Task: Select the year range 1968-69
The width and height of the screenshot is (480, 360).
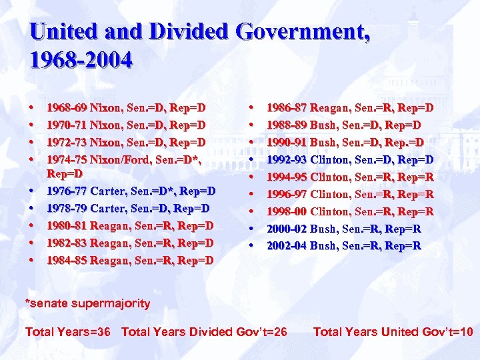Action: [x=67, y=107]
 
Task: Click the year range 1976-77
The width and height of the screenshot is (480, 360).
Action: [x=67, y=191]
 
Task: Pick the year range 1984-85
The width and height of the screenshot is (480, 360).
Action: [x=67, y=260]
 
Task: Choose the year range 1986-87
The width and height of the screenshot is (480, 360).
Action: [x=287, y=107]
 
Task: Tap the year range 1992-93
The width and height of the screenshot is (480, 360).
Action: [x=287, y=159]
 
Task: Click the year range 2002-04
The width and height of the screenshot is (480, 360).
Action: [x=287, y=246]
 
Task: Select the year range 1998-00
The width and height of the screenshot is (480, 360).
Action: [x=287, y=211]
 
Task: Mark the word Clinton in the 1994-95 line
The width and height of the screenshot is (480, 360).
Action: [x=331, y=177]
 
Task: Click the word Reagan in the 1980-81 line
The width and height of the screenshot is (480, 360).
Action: [x=111, y=225]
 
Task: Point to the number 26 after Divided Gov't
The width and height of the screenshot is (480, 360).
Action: [x=280, y=332]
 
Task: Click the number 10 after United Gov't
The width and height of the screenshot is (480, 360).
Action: [x=466, y=332]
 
